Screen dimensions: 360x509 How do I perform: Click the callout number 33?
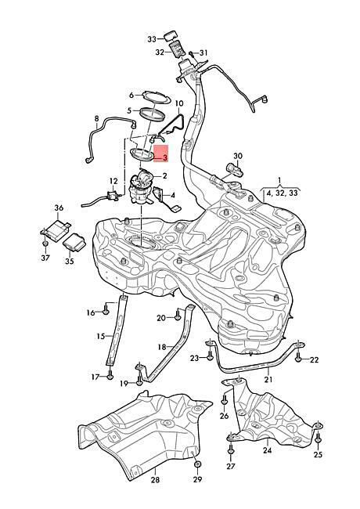[x=152, y=39]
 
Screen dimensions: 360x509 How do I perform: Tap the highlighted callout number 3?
[x=165, y=158]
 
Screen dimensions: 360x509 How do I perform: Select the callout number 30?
[x=238, y=156]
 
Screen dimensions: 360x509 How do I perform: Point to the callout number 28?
[x=156, y=479]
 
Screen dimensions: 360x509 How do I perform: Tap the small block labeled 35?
[x=74, y=242]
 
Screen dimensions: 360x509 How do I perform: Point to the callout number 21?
[x=268, y=379]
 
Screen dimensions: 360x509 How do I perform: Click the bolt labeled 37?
[x=45, y=243]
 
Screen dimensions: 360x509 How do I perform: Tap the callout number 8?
[x=96, y=119]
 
